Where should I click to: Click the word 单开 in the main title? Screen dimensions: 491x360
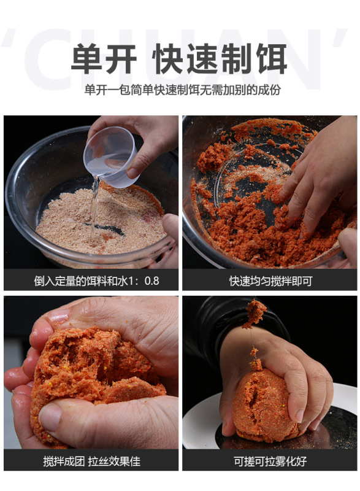104,60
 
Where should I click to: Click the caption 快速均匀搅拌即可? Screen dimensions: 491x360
270,280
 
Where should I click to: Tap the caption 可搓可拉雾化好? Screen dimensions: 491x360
270,461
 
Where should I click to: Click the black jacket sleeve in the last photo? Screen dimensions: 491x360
215,319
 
